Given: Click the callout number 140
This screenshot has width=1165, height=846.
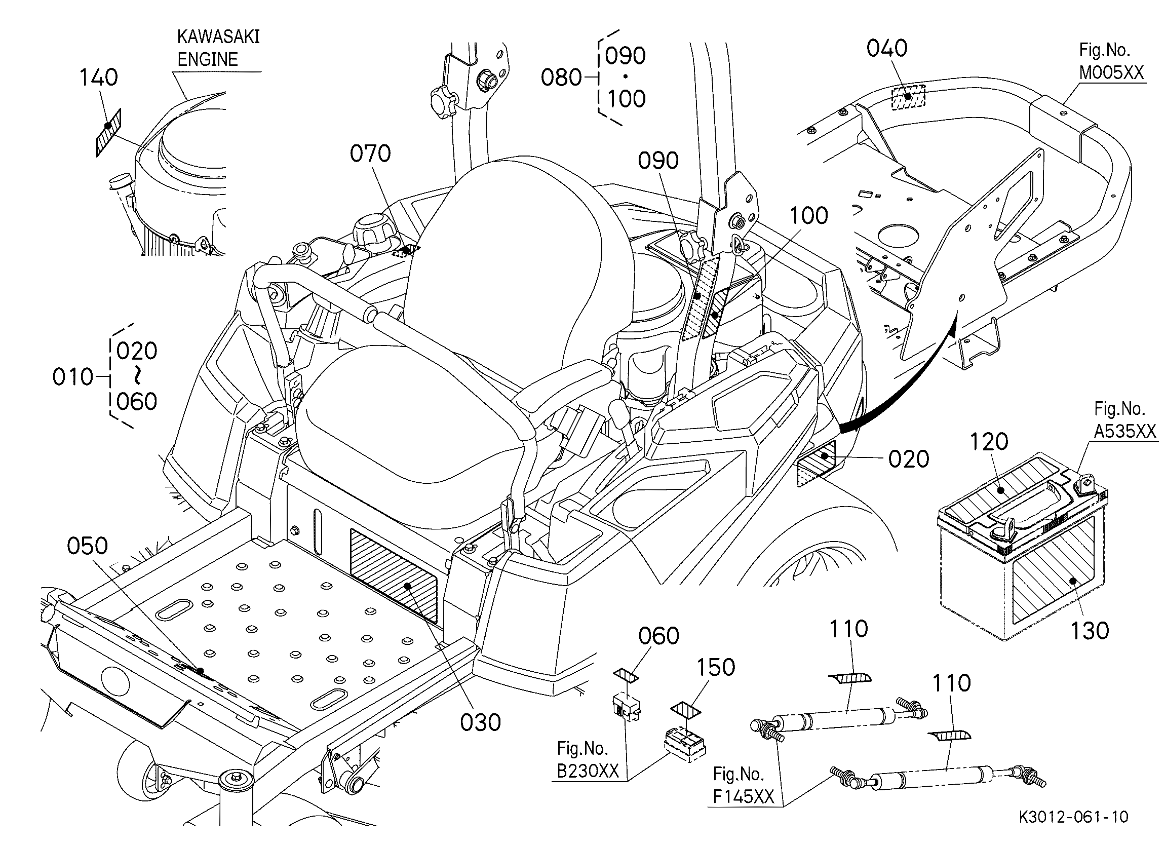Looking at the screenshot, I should click(x=99, y=78).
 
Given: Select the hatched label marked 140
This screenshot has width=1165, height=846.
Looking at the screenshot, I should click(x=108, y=132).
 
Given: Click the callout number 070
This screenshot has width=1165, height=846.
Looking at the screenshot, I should click(x=370, y=153).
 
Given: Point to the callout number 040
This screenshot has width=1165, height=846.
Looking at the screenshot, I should click(x=887, y=48).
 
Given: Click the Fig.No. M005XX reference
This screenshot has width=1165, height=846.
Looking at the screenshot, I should click(x=1111, y=62).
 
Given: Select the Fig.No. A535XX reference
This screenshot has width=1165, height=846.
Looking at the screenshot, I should click(x=1124, y=419).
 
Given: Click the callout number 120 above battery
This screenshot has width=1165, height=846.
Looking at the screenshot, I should click(x=989, y=442).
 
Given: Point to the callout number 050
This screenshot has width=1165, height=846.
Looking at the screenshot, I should click(x=87, y=546).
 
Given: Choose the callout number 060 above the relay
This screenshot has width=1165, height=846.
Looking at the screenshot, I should click(x=658, y=636).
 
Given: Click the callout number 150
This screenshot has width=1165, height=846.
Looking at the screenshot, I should click(x=716, y=667).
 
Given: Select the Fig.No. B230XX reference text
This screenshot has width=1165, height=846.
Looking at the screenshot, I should click(x=588, y=760).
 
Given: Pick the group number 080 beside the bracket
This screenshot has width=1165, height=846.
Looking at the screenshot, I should click(x=561, y=78).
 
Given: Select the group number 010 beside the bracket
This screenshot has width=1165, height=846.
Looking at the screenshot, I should click(x=73, y=377).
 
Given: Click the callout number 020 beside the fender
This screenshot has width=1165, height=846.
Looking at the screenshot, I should click(x=909, y=459).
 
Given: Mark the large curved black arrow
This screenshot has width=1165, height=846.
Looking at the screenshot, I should click(x=904, y=385).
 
